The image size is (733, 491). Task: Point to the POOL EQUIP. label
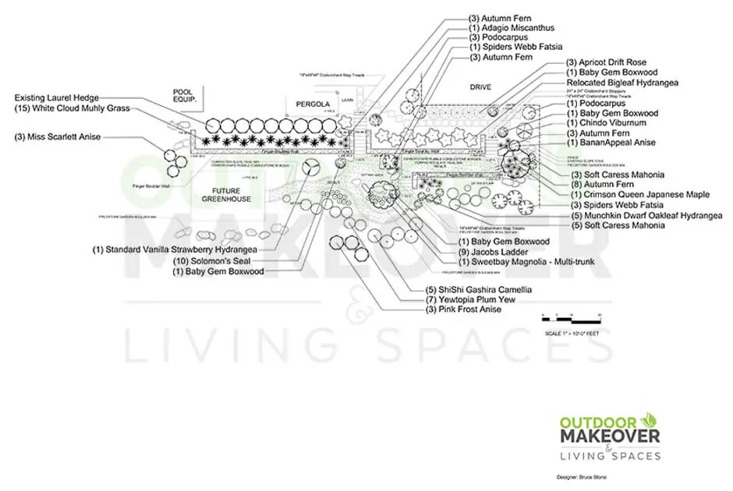click(188, 96)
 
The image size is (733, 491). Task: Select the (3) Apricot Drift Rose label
click(606, 62)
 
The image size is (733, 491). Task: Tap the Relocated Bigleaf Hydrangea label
click(622, 83)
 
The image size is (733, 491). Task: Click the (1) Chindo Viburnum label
click(607, 123)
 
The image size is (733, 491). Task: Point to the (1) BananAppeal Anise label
click(611, 143)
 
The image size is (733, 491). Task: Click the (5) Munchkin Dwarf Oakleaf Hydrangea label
click(646, 215)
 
